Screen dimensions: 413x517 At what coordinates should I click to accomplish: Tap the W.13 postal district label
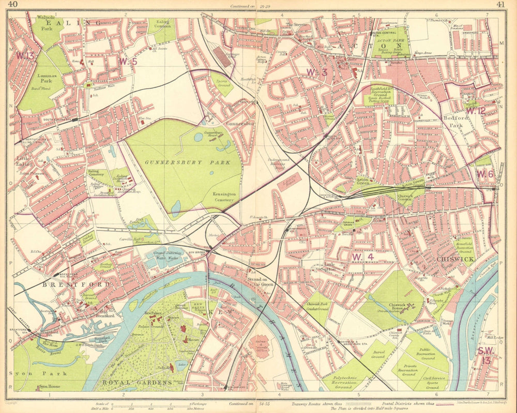pos(25,56)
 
